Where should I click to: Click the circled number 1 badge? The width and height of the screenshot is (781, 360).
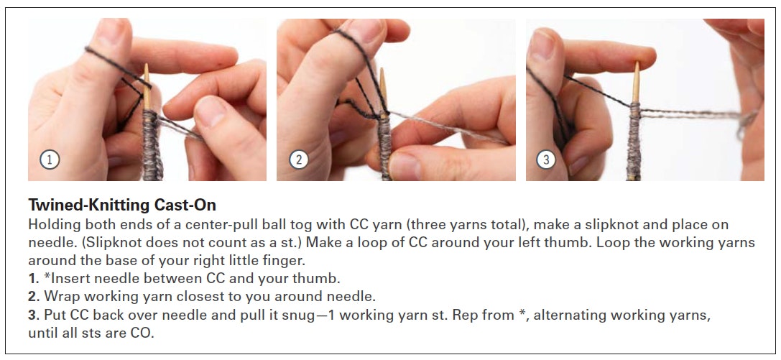pos(50,160)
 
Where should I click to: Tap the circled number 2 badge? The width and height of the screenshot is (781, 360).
pos(299,160)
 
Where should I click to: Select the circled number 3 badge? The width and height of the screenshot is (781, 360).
pos(546,160)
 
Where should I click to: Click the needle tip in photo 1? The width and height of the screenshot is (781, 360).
pos(147,65)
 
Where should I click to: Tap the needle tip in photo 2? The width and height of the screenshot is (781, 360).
pos(382,69)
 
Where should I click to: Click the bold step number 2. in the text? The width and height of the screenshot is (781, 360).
pos(34,297)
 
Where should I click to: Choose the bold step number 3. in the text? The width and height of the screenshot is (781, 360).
pos(34,315)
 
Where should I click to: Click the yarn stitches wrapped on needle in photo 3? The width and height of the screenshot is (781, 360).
pos(634,142)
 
